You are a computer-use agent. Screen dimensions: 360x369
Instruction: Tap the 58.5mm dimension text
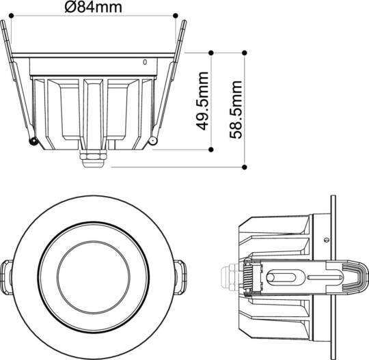(x=236, y=109)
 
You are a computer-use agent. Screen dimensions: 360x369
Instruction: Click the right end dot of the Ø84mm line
(x=175, y=15)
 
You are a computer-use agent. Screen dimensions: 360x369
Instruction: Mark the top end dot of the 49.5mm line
(x=213, y=51)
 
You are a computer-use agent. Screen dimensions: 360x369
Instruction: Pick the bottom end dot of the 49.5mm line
(x=213, y=148)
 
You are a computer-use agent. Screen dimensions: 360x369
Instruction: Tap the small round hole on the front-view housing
(x=144, y=62)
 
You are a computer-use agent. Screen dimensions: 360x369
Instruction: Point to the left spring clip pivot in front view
(x=33, y=141)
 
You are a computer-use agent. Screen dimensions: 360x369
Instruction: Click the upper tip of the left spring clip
(x=5, y=23)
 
